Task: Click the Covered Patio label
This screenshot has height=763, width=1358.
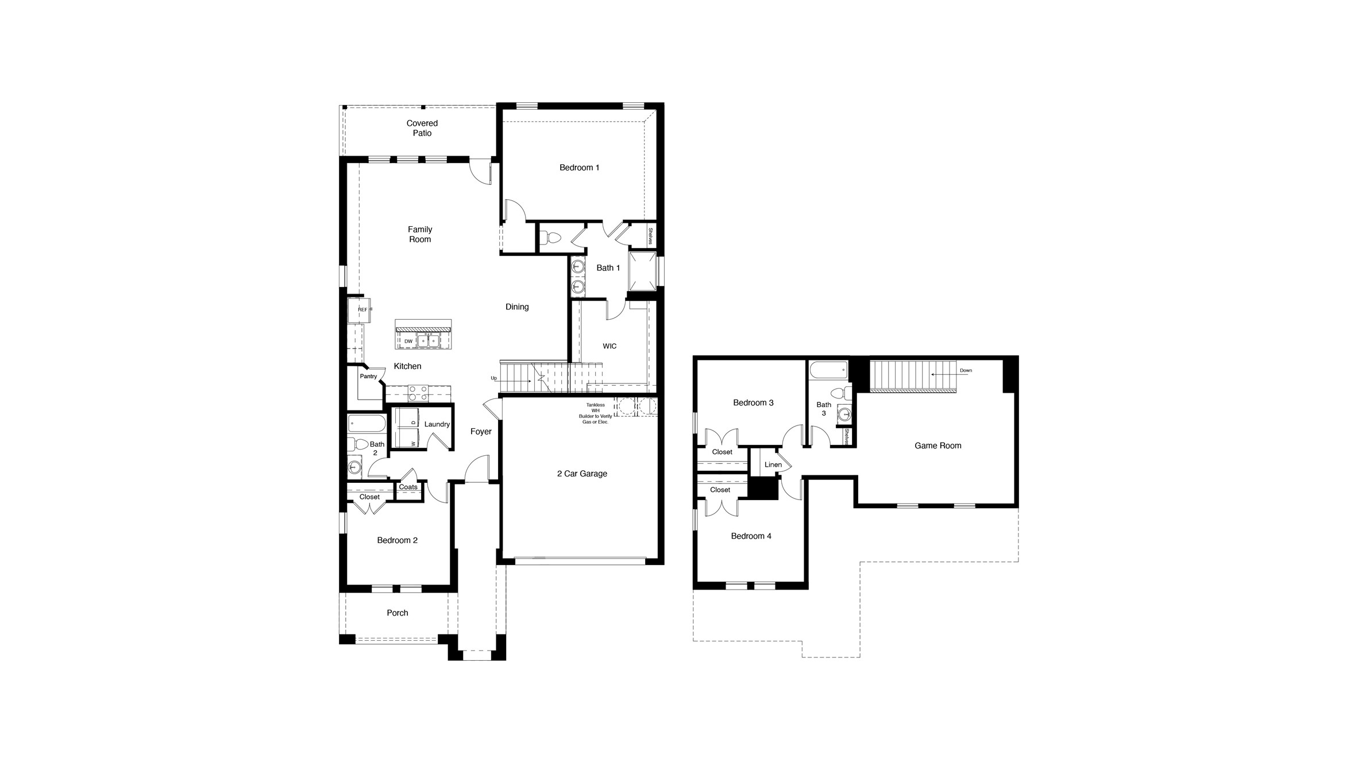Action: pyautogui.click(x=422, y=128)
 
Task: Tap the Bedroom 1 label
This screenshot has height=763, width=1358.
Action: pyautogui.click(x=579, y=168)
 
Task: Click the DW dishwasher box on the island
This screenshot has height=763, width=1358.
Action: pyautogui.click(x=408, y=341)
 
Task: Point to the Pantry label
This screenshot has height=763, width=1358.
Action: pyautogui.click(x=368, y=377)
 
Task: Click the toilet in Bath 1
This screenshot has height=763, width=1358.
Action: pyautogui.click(x=552, y=237)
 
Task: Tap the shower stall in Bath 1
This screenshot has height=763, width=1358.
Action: pyautogui.click(x=642, y=272)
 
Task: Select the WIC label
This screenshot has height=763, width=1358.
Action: pyautogui.click(x=609, y=346)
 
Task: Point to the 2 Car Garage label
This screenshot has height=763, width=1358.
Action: pyautogui.click(x=582, y=474)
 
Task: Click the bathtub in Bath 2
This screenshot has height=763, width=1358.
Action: pyautogui.click(x=366, y=424)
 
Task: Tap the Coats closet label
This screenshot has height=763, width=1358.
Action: pyautogui.click(x=408, y=487)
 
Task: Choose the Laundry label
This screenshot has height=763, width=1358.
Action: pyautogui.click(x=437, y=424)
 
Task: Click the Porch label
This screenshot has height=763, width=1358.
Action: pyautogui.click(x=397, y=613)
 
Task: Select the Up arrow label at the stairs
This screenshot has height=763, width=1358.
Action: pyautogui.click(x=493, y=378)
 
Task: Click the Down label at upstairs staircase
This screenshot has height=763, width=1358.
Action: pyautogui.click(x=966, y=371)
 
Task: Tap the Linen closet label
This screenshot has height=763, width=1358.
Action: pyautogui.click(x=773, y=465)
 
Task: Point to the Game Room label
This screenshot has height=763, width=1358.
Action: pyautogui.click(x=938, y=446)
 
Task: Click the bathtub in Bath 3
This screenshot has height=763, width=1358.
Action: pyautogui.click(x=828, y=370)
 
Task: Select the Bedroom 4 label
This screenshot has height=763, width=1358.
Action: pyautogui.click(x=751, y=536)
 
